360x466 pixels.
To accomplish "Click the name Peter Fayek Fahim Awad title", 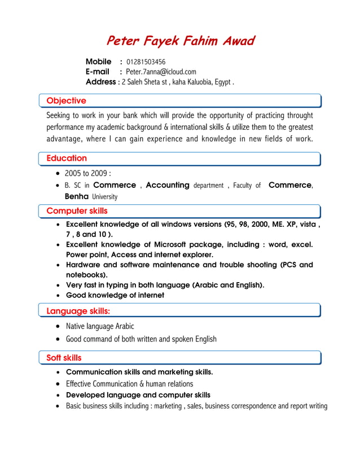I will point(180,41).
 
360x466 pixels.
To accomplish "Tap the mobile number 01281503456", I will point(146,61).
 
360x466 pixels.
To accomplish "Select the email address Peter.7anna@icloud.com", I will point(161,72).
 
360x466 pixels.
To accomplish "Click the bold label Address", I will point(100,82).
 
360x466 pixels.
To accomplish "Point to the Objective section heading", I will point(66,101).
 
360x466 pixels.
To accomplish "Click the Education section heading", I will point(67,159).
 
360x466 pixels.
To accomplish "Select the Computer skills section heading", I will point(77,211).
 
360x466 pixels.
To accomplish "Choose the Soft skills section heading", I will point(64,358).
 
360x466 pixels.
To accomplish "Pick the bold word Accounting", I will point(167,185).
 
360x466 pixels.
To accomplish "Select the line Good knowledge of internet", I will point(115,295).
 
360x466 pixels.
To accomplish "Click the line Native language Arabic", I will point(100,326).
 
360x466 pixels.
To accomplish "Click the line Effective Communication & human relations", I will point(129,384).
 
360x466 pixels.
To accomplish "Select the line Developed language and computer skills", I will point(138,395).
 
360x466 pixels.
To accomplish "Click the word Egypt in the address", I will point(222,82).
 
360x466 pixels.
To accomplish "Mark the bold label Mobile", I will point(98,61).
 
